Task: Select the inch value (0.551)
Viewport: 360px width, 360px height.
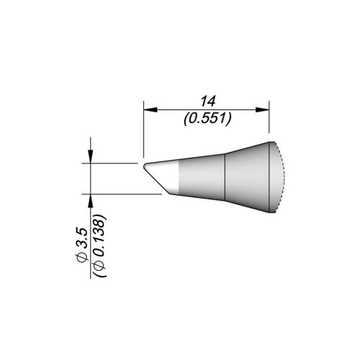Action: click(x=207, y=120)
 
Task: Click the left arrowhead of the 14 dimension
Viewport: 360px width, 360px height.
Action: click(x=149, y=110)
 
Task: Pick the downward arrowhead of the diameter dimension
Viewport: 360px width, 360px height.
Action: click(x=90, y=159)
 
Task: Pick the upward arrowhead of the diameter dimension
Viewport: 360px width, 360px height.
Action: click(x=90, y=198)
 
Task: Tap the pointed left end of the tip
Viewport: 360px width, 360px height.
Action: click(x=144, y=165)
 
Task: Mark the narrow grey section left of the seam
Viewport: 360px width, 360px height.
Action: click(x=202, y=180)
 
